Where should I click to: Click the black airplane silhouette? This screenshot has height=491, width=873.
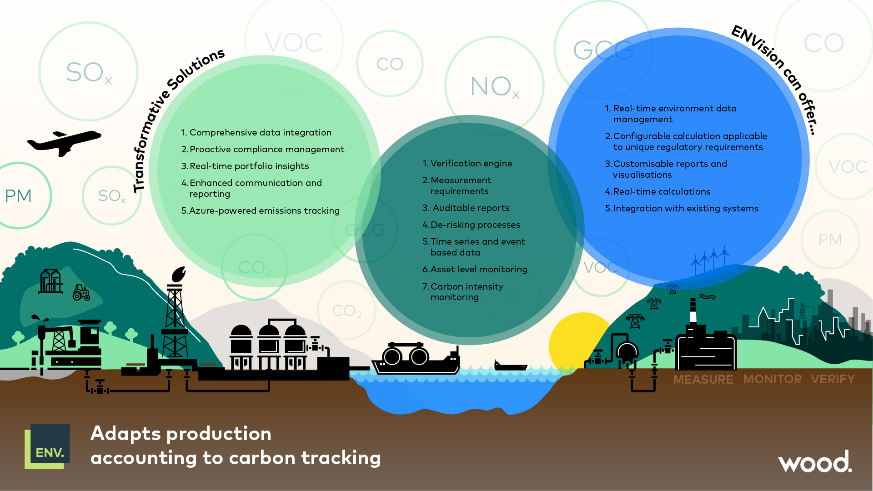(x=64, y=142)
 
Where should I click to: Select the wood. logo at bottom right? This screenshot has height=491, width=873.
(x=814, y=462)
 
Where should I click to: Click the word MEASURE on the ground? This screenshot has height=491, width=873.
(x=703, y=380)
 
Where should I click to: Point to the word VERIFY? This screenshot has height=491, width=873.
(x=833, y=379)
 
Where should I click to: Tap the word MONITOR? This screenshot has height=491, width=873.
(x=772, y=379)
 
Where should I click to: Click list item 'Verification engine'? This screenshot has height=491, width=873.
(x=471, y=163)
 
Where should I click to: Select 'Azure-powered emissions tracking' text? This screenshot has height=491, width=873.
(x=264, y=210)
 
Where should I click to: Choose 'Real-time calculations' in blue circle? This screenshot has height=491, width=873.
(x=661, y=191)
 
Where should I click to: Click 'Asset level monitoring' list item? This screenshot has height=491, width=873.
(x=478, y=269)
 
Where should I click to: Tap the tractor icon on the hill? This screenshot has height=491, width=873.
(x=81, y=293)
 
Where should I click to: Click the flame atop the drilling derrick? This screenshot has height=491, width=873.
(x=178, y=274)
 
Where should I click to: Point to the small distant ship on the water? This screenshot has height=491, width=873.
(x=510, y=366)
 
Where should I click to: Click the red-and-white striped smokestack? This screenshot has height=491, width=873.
(x=693, y=311)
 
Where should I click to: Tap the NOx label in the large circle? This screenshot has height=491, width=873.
(x=495, y=86)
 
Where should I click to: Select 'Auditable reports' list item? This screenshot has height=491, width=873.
(x=471, y=208)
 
